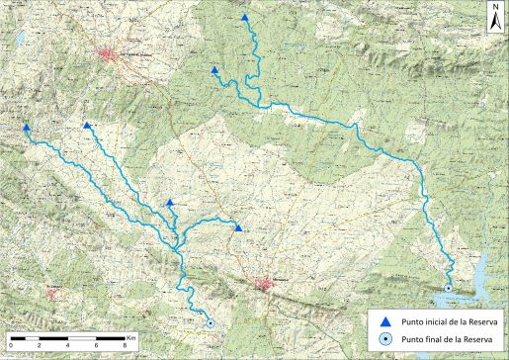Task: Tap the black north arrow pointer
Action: (494, 23)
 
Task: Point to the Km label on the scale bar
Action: (130, 338)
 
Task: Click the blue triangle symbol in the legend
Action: (386, 320)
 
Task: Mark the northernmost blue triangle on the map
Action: (245, 18)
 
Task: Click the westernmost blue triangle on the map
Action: (27, 128)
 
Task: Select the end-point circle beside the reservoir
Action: (448, 288)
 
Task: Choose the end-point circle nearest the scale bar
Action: (210, 322)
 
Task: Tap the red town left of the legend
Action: (264, 285)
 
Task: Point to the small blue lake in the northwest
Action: (18, 41)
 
